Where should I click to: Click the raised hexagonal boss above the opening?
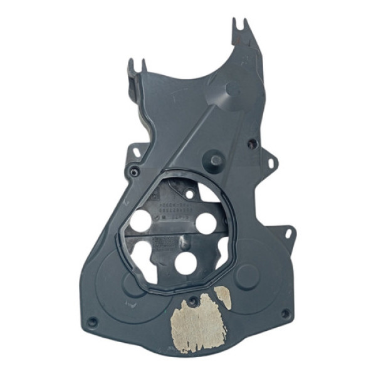coord(216,160)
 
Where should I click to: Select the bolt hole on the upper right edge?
coord(252,144)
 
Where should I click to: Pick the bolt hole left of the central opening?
coord(133,172)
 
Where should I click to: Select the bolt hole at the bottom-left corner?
coord(92,322)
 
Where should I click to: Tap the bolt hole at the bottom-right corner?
coord(285,313)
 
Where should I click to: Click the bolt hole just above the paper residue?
coord(193,301)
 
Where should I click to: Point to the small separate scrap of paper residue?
coord(223,297)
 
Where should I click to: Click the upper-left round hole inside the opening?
coord(142,221)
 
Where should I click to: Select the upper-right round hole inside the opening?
coord(206,222)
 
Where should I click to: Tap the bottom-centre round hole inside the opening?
coord(185,263)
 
